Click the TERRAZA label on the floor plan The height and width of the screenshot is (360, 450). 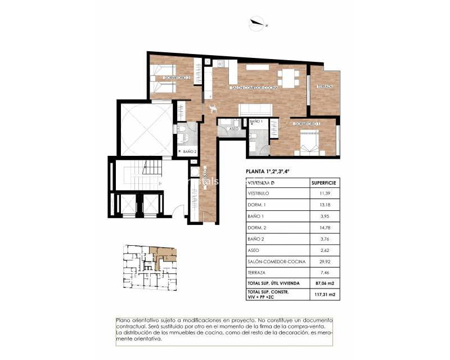[x=325, y=87]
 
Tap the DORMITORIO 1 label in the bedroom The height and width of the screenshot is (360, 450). [x=307, y=124]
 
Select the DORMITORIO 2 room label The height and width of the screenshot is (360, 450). [x=177, y=78]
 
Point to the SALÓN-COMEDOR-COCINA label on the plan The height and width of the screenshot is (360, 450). [x=254, y=88]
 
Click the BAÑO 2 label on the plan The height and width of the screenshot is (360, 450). [x=190, y=151]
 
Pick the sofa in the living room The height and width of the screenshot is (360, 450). [x=256, y=110]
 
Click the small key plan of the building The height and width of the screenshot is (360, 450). [x=150, y=266]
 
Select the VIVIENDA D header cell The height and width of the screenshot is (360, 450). [x=262, y=183]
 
